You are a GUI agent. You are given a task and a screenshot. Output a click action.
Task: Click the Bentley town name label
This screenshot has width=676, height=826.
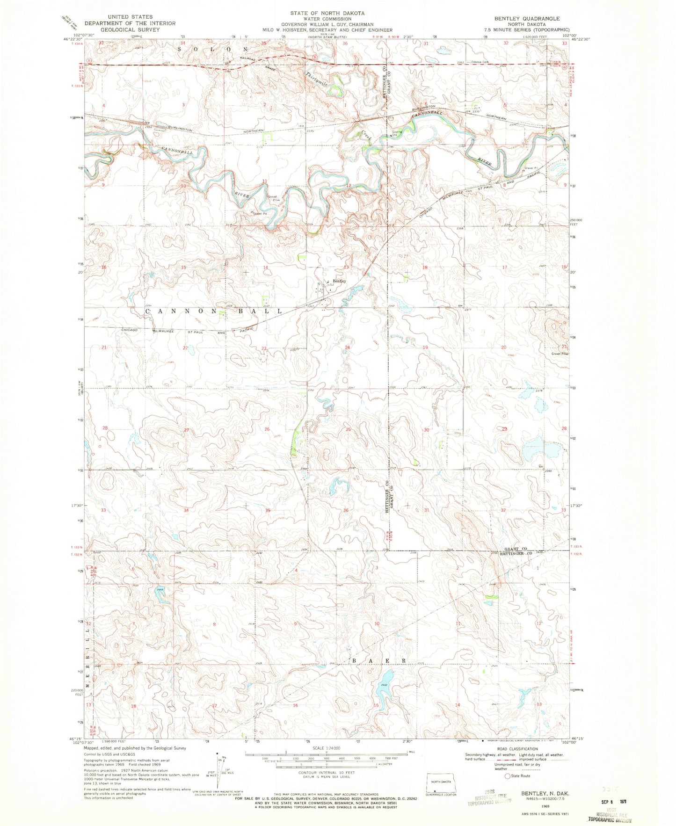[340, 281]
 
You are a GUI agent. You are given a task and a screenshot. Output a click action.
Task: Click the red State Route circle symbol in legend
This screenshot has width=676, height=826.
[507, 775]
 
